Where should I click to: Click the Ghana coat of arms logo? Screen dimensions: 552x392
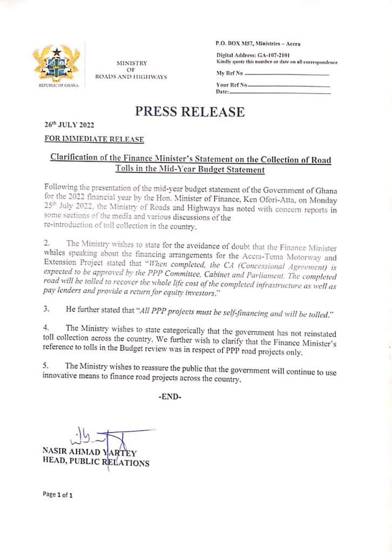(56, 66)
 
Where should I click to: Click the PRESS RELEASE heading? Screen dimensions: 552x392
(189, 112)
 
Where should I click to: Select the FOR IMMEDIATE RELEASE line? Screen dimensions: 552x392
(94, 139)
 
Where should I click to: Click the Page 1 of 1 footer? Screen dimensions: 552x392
(58, 494)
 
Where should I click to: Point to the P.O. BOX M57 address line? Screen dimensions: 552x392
(258, 43)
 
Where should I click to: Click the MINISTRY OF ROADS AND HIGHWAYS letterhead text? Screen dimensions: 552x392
(131, 70)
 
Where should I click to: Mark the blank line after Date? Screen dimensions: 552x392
(280, 93)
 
